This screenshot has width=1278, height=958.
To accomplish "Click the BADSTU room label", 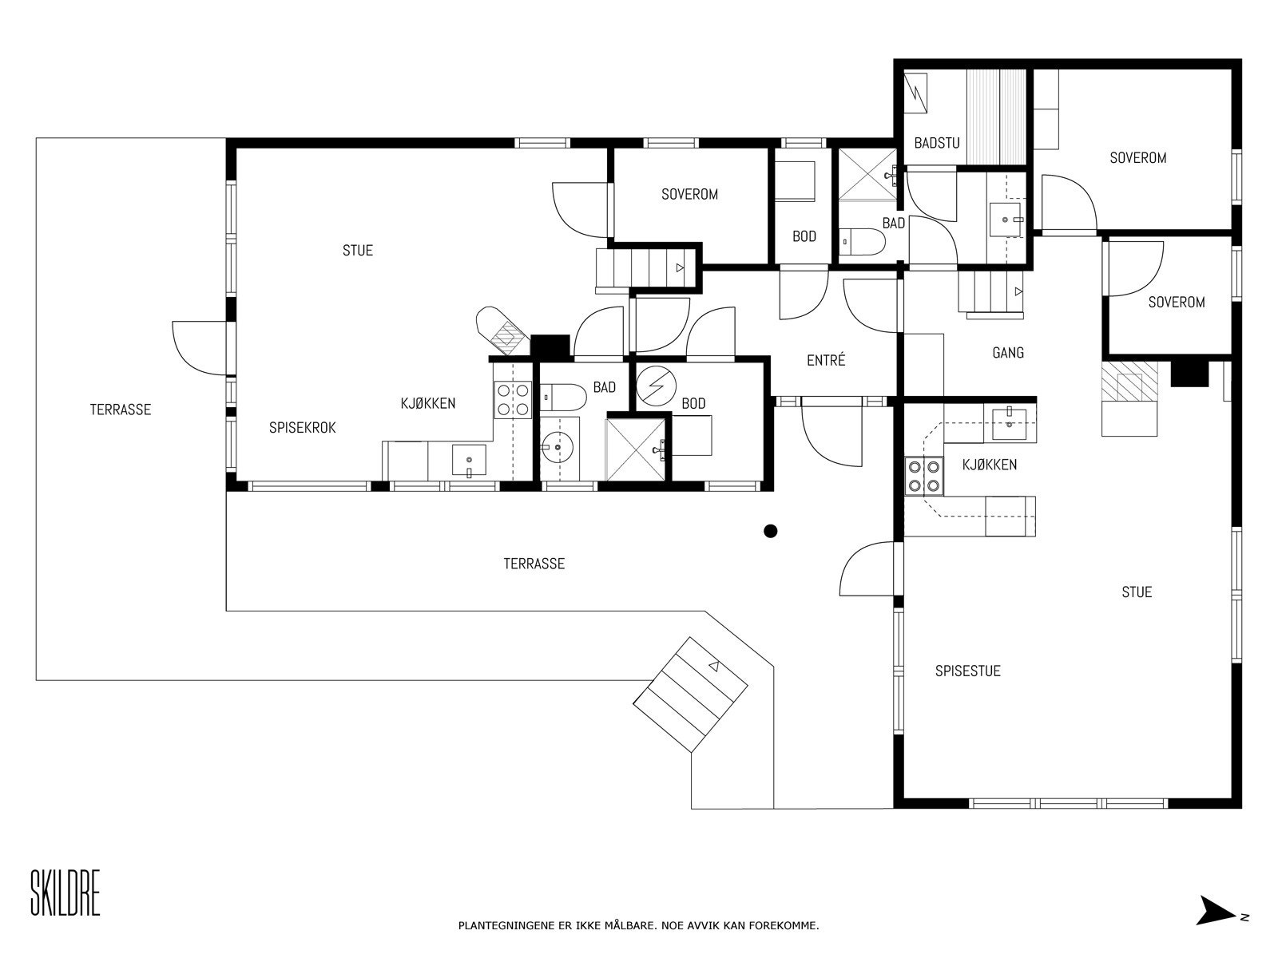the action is [x=937, y=143].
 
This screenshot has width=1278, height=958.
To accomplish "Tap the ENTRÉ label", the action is [x=826, y=361].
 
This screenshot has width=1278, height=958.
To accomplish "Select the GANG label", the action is [x=1008, y=353].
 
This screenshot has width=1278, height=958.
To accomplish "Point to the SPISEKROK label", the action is [x=302, y=428].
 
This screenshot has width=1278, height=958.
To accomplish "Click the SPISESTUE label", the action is [x=967, y=671].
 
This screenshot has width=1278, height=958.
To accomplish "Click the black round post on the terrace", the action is [x=770, y=530].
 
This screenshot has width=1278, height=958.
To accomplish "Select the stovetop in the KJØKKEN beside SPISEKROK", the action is [x=513, y=399].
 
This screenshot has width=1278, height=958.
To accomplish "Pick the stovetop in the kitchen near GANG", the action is [x=924, y=477].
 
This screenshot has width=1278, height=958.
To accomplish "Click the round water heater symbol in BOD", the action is [x=655, y=386].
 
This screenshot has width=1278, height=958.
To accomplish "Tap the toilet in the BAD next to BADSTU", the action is [x=863, y=241].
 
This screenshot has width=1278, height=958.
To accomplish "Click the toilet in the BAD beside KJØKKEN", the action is [x=562, y=398].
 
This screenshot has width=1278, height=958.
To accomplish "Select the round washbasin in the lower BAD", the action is [x=558, y=447].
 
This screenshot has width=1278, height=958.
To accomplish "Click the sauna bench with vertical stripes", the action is [x=995, y=117].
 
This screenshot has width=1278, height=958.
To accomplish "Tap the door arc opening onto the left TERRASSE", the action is [x=200, y=348].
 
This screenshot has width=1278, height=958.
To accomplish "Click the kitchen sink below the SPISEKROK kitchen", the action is [x=469, y=461].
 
